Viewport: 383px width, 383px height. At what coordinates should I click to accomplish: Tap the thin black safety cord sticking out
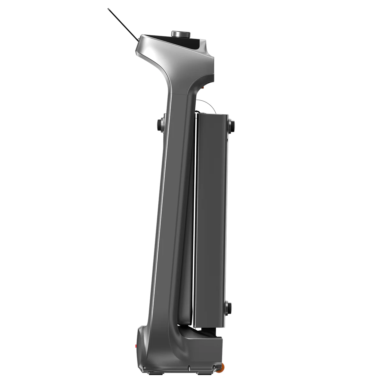pos(123,24)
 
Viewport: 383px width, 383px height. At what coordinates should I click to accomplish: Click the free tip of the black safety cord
pos(108,9)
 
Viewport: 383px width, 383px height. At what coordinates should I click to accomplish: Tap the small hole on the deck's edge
pos(227,139)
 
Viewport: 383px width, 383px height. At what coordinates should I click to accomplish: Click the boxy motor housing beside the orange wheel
pos(204,351)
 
